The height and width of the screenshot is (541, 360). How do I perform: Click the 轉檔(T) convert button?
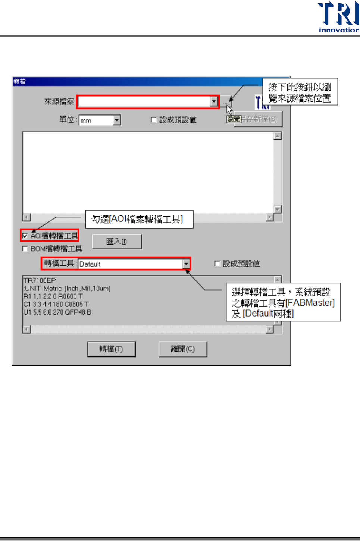click(x=111, y=349)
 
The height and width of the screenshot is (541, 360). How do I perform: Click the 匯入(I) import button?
click(x=117, y=242)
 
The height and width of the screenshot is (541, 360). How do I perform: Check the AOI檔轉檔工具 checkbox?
click(x=25, y=236)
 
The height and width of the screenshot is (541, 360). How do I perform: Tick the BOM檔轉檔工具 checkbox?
click(x=25, y=249)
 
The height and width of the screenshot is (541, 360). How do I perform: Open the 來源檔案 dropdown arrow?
click(x=214, y=101)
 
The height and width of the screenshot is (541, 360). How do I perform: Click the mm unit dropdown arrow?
click(x=117, y=120)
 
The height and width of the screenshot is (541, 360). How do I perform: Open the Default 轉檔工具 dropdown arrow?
click(x=186, y=264)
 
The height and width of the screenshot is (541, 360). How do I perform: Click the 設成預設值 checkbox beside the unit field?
click(x=154, y=120)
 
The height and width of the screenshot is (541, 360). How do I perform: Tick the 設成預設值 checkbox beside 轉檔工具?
click(x=217, y=264)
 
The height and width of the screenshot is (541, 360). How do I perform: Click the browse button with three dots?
click(x=226, y=101)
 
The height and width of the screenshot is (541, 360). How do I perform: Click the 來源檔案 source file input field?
click(x=144, y=101)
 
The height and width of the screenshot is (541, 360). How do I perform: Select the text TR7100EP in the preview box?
click(x=40, y=280)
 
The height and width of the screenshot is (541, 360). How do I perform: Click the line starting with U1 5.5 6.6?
click(x=57, y=312)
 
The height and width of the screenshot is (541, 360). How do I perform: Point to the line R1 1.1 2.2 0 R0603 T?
click(x=53, y=296)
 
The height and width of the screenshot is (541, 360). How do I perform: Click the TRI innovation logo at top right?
click(x=338, y=17)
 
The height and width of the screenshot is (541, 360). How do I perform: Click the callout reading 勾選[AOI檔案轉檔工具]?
click(x=139, y=219)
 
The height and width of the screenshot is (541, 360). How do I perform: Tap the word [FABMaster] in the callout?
click(x=310, y=303)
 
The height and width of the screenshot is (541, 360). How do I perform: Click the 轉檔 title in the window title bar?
click(x=19, y=81)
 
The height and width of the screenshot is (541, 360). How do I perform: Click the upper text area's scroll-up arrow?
click(x=277, y=136)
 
